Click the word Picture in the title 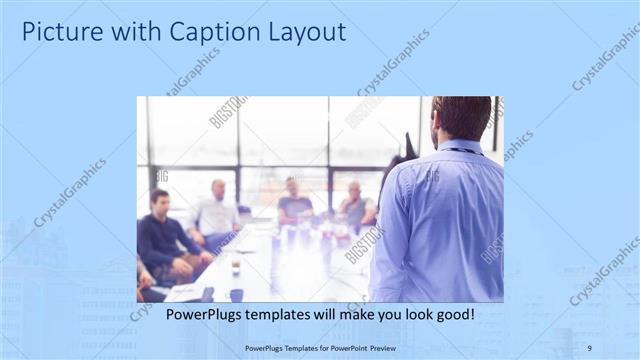pos(59,32)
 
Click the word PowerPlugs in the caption pos(202,315)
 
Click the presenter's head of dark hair pos(461,115)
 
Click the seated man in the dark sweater pos(163,240)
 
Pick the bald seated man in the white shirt pos(216,213)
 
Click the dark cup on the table pos(235,294)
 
